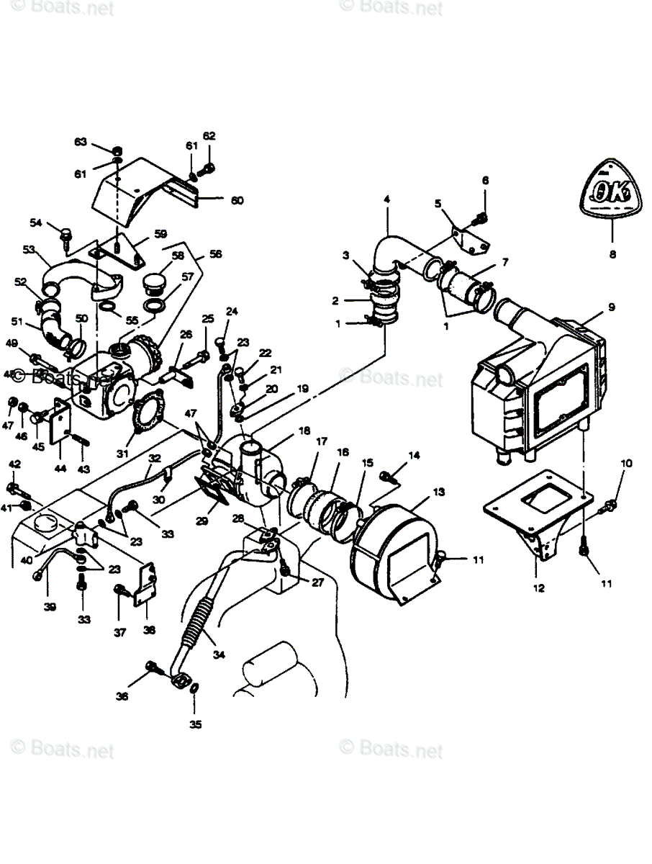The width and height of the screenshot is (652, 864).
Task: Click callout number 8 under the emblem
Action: point(612,254)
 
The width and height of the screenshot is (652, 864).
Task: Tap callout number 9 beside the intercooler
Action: point(611,307)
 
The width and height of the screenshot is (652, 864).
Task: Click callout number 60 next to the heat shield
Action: point(237,200)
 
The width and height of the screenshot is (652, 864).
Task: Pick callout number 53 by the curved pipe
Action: point(29,250)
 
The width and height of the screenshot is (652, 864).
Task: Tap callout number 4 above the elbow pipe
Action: point(386,199)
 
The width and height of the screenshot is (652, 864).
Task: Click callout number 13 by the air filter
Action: point(438,491)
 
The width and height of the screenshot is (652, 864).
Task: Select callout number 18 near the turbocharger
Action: point(304,430)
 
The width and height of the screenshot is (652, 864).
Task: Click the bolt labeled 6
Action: point(483,215)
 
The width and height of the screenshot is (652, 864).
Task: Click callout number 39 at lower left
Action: point(49,607)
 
